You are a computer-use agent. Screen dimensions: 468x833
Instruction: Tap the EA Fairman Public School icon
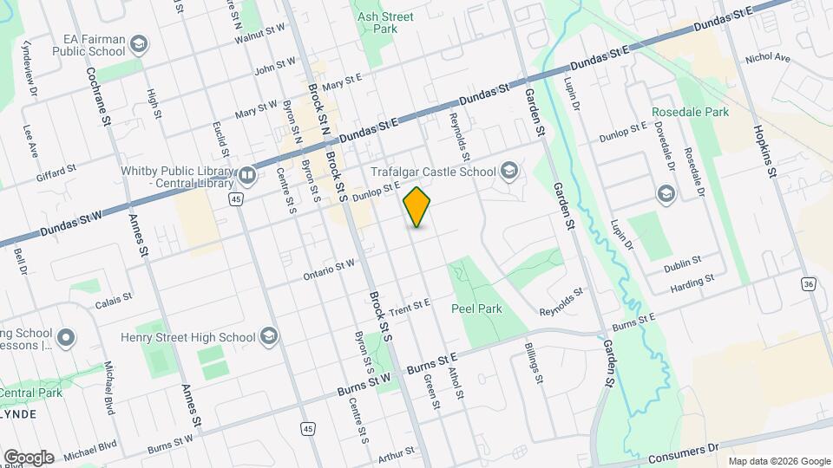139,43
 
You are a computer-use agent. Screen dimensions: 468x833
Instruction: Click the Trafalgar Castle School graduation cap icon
508,171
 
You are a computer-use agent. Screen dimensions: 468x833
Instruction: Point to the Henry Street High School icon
269,335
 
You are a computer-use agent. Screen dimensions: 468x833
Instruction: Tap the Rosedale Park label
690,112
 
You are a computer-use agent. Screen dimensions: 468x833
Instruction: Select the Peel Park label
473,308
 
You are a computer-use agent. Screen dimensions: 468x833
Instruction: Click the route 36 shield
809,284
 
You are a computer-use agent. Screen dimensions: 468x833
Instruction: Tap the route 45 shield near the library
236,199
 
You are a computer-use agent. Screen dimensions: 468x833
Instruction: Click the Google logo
29,457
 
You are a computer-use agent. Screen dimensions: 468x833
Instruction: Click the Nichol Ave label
768,58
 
